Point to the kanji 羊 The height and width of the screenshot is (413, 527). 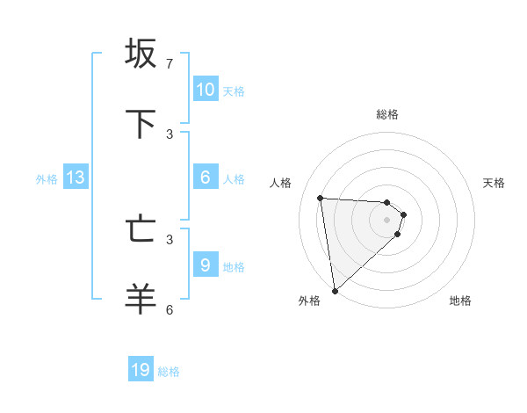(141, 299)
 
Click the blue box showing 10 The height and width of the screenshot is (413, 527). (205, 89)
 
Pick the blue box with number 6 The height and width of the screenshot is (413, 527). (205, 178)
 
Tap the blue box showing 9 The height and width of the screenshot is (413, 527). (205, 265)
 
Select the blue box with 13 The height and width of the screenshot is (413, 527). (76, 178)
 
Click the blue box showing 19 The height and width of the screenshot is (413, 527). (141, 370)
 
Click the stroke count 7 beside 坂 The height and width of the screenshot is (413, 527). (170, 64)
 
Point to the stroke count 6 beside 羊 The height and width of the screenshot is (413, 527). (170, 309)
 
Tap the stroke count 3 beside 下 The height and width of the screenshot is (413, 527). (170, 134)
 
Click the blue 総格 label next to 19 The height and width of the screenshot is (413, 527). (169, 372)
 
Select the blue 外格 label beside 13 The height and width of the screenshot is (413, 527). (47, 179)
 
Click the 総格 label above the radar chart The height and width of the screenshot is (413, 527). (387, 114)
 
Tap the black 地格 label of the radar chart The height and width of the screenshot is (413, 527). (460, 301)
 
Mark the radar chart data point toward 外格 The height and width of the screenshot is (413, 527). (335, 290)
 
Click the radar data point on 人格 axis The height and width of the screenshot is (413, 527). (321, 198)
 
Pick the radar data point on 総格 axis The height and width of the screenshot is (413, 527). (387, 202)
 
